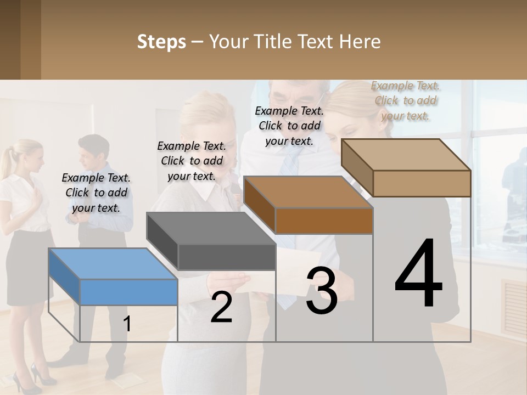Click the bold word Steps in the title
[x=161, y=42]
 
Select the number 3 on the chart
[x=322, y=291]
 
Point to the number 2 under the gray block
[x=221, y=307]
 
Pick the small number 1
[x=127, y=324]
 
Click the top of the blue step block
[x=113, y=263]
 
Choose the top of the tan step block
[x=406, y=155]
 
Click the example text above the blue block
[x=96, y=193]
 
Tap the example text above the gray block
[x=192, y=161]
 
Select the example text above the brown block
[x=289, y=126]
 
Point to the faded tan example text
[x=406, y=100]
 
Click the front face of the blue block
[x=128, y=292]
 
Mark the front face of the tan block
[x=422, y=183]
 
